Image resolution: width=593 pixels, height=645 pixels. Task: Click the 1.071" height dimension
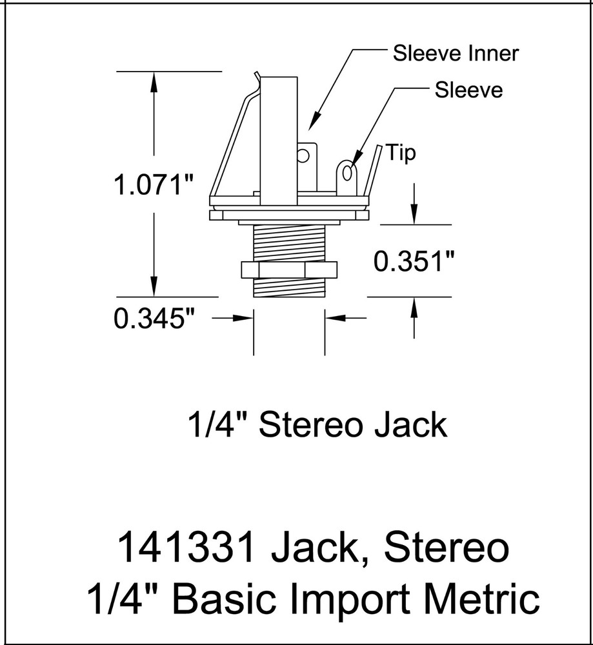point(154,186)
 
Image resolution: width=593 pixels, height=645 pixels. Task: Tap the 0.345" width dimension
point(154,318)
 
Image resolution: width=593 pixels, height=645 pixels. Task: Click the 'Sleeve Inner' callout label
point(456,54)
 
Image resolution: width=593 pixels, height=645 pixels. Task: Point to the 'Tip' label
point(401,154)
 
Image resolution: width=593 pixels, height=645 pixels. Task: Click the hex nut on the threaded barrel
point(288,270)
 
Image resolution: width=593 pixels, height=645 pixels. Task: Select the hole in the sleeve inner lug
point(303,155)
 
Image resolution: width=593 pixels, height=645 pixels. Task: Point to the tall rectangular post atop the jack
point(279,135)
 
